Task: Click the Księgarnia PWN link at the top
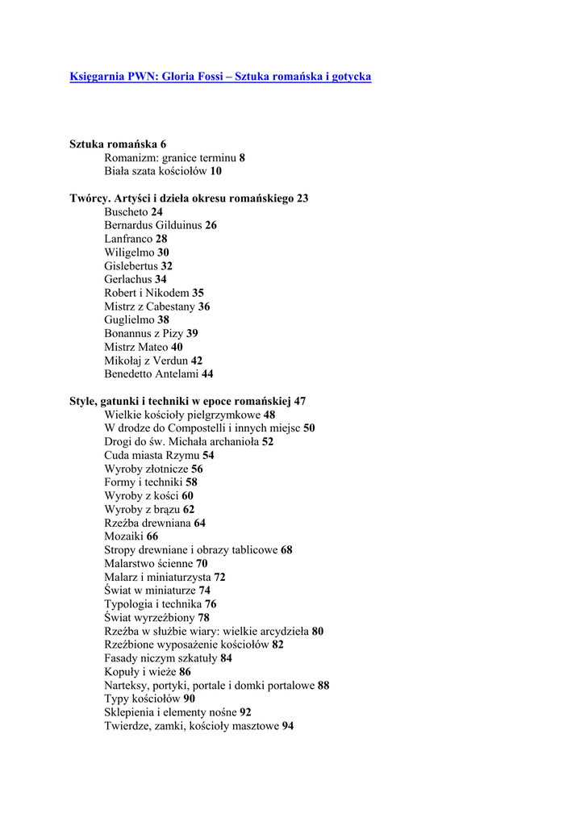click(220, 77)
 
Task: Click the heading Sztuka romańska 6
click(118, 144)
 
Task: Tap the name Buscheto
click(126, 212)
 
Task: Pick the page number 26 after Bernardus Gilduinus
click(211, 226)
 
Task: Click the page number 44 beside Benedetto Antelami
click(207, 374)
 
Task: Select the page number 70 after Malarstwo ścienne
click(202, 564)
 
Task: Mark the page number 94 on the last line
click(288, 726)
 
